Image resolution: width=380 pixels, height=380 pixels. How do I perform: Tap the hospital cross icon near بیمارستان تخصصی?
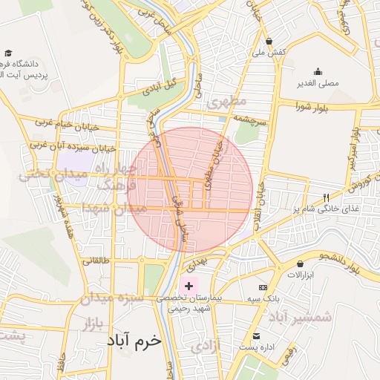point(189,285)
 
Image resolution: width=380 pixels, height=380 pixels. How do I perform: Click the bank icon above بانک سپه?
point(263,287)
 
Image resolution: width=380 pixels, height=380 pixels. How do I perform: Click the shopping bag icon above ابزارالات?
point(301,263)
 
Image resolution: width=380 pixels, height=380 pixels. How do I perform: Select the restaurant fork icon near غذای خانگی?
point(326,197)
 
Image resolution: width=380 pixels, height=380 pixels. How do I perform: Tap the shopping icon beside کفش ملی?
point(269,41)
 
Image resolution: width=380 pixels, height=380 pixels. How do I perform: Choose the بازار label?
point(88,324)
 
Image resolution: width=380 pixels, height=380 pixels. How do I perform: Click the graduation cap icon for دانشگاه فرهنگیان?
point(8,53)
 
